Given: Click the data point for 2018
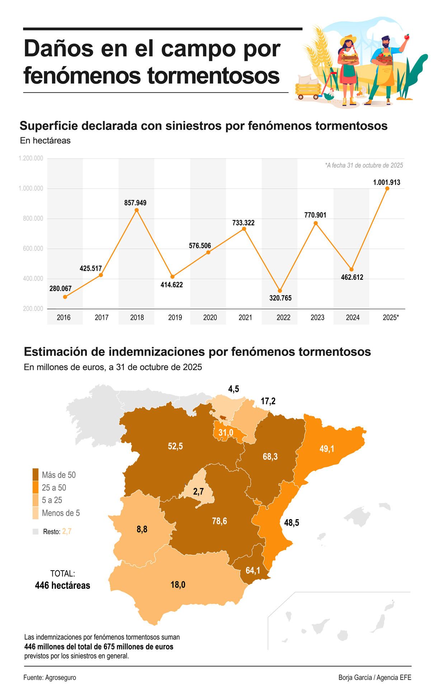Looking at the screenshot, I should pos(136,210).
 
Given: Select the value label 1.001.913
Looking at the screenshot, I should pos(387,182).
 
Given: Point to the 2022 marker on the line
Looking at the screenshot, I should pos(280,291).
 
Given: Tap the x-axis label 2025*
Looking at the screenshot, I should pos(391,318).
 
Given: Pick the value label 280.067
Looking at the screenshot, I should pos(60,288).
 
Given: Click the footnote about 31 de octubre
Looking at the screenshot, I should pos(364,165).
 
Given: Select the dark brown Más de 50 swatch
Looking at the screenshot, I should pos(36,475).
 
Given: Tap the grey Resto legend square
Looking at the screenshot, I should pos(35,532).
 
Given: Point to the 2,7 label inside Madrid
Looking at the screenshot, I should pos(198,492).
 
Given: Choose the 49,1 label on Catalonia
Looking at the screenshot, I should pos(327,449).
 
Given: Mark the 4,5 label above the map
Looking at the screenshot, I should pos(233,389).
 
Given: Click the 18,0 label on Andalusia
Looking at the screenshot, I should pos(178,585).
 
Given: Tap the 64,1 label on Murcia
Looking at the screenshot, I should pos(253,570).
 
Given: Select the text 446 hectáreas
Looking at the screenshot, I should pos(62,586).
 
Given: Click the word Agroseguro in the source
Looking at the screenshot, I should pos(61,678).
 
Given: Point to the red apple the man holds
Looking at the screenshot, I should pos(407,36).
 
